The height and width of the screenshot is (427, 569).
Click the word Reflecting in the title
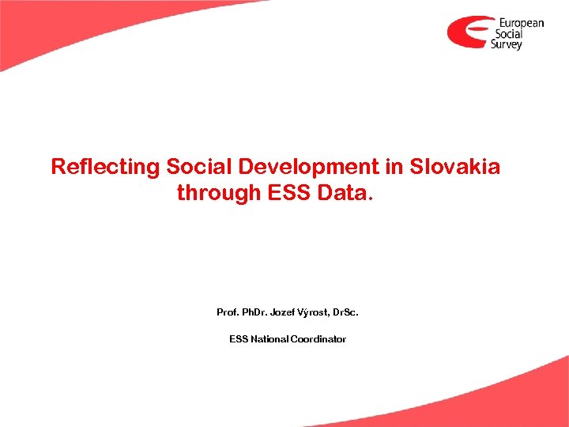click(105, 167)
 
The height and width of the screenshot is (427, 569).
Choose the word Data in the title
click(340, 192)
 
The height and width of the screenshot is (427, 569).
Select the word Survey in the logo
click(507, 45)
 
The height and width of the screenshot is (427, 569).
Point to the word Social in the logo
click(508, 34)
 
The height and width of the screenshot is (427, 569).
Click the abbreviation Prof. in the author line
click(228, 312)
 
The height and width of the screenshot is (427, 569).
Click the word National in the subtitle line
click(269, 339)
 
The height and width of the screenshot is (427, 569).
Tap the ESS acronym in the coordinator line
click(238, 339)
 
